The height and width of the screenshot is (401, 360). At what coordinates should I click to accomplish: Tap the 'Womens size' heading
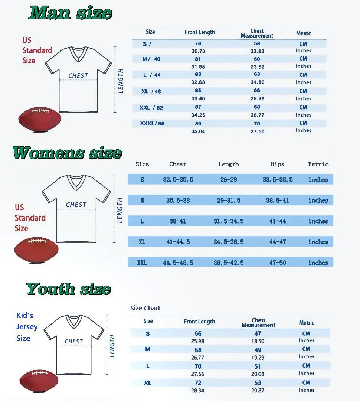67,153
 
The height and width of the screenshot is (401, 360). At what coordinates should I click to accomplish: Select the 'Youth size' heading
69,289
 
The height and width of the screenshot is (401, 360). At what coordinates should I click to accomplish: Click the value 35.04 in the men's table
198,131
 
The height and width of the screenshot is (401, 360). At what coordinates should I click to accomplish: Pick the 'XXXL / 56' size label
152,123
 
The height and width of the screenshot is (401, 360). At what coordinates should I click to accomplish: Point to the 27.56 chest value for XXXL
257,131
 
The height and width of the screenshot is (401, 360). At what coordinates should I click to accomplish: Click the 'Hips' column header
277,164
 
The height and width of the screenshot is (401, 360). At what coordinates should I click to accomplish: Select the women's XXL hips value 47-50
278,263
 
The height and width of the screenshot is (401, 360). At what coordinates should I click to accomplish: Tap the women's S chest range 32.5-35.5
178,180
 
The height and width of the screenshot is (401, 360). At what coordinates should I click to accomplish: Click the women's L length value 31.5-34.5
229,221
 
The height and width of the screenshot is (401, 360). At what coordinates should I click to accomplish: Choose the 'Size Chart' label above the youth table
145,308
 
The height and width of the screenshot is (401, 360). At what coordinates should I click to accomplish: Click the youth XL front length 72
198,383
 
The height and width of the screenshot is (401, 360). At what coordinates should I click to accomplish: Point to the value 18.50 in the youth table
258,341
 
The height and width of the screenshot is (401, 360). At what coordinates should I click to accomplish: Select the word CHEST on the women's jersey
76,205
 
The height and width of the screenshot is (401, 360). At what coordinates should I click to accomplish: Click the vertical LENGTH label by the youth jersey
112,346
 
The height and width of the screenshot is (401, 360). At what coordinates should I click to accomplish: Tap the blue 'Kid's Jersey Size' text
26,327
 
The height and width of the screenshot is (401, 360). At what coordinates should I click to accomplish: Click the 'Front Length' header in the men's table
200,32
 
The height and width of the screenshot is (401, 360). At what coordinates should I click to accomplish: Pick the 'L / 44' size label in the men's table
151,75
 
